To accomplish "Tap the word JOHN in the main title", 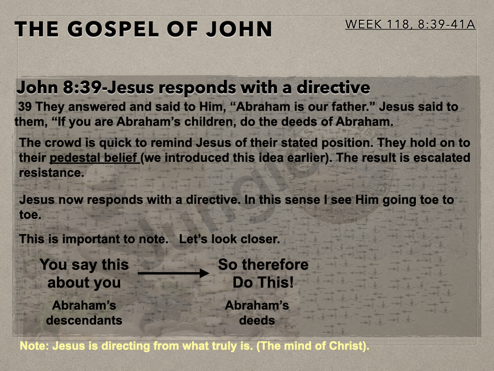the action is [239, 29].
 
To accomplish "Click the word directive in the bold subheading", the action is [333, 87].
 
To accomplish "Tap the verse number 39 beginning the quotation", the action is [25, 107].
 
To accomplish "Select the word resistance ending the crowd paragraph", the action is [52, 172].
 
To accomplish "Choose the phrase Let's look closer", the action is [229, 239].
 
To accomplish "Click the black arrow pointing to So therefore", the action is [174, 273].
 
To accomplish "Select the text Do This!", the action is [263, 282].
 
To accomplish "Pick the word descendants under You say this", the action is [84, 320].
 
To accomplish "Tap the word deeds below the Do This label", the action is [257, 320].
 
